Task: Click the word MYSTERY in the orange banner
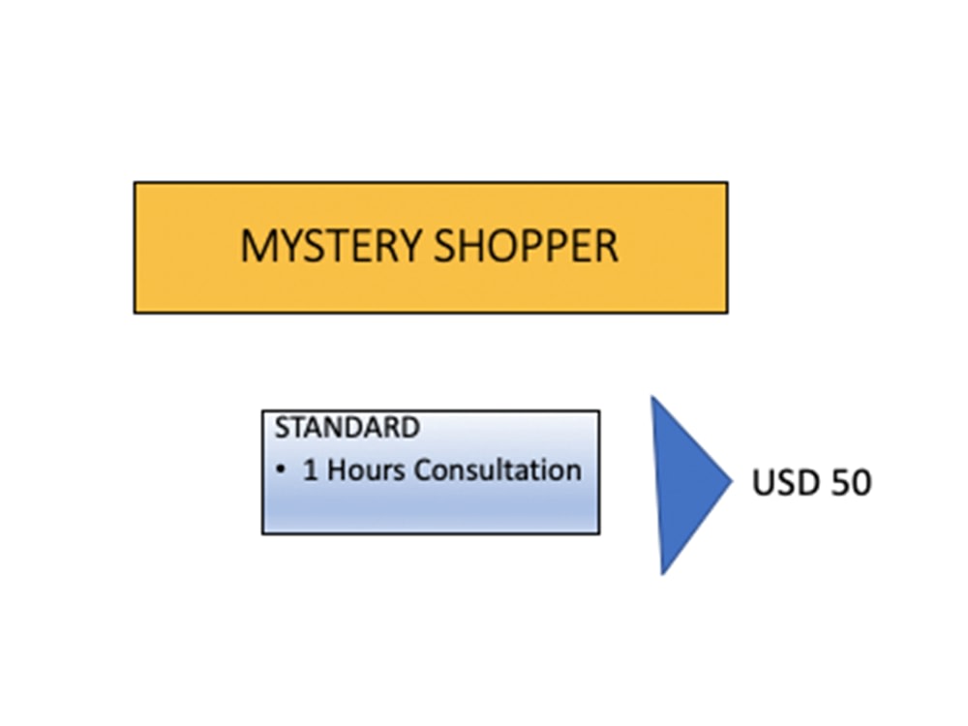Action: point(331,246)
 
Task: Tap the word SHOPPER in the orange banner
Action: point(526,246)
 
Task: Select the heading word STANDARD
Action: point(347,428)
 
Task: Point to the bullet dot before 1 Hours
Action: point(282,469)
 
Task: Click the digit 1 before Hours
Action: point(311,469)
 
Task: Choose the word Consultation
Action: point(498,469)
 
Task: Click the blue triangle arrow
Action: point(690,485)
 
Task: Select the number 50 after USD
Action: point(851,482)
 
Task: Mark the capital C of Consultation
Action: point(424,469)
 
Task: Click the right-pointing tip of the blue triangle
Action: point(733,481)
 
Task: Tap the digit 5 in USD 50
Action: point(839,482)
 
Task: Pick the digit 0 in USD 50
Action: point(862,482)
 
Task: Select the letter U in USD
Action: point(763,482)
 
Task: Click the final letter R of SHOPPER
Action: point(607,246)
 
